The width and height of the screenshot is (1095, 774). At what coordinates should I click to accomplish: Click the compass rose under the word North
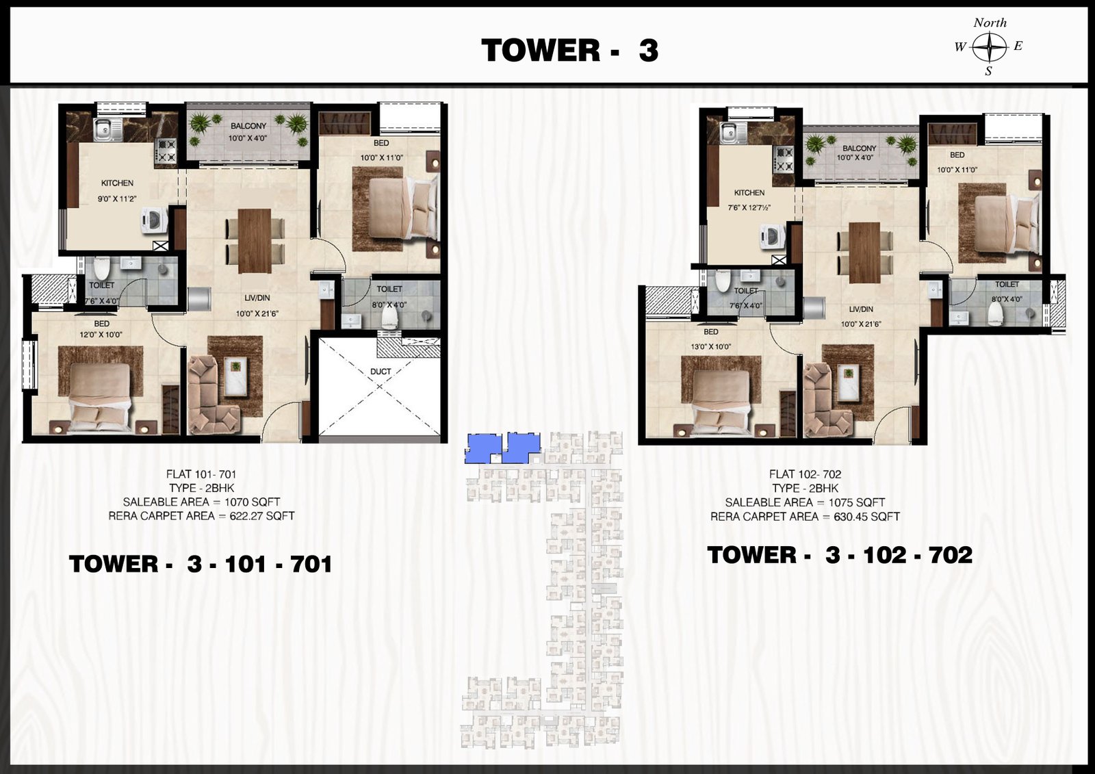click(990, 47)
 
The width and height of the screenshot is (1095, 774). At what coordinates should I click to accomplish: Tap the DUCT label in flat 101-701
click(381, 372)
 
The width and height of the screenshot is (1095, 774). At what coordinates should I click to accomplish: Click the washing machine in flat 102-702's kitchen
click(771, 237)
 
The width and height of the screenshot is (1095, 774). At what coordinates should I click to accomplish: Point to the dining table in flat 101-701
click(255, 241)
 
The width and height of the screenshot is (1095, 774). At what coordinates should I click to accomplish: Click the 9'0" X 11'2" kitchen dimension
click(117, 199)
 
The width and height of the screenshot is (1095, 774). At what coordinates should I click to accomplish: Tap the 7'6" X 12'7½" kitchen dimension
click(749, 207)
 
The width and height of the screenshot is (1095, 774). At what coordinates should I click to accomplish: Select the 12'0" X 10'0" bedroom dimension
click(101, 335)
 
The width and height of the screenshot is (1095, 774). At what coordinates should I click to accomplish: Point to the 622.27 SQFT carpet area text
click(262, 516)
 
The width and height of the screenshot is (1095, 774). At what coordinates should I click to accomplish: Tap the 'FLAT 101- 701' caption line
click(201, 474)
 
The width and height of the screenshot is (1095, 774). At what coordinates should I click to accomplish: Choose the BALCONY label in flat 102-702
click(860, 148)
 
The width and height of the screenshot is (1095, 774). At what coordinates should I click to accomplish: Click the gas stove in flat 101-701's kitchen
click(166, 151)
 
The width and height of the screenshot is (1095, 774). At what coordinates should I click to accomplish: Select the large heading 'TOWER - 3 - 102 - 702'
click(839, 555)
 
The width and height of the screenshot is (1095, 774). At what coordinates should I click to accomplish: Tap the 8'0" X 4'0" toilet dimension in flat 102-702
click(1007, 299)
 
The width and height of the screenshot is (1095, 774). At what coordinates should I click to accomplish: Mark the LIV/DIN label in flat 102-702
click(861, 309)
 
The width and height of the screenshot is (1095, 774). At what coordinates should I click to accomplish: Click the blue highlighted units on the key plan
click(502, 448)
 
